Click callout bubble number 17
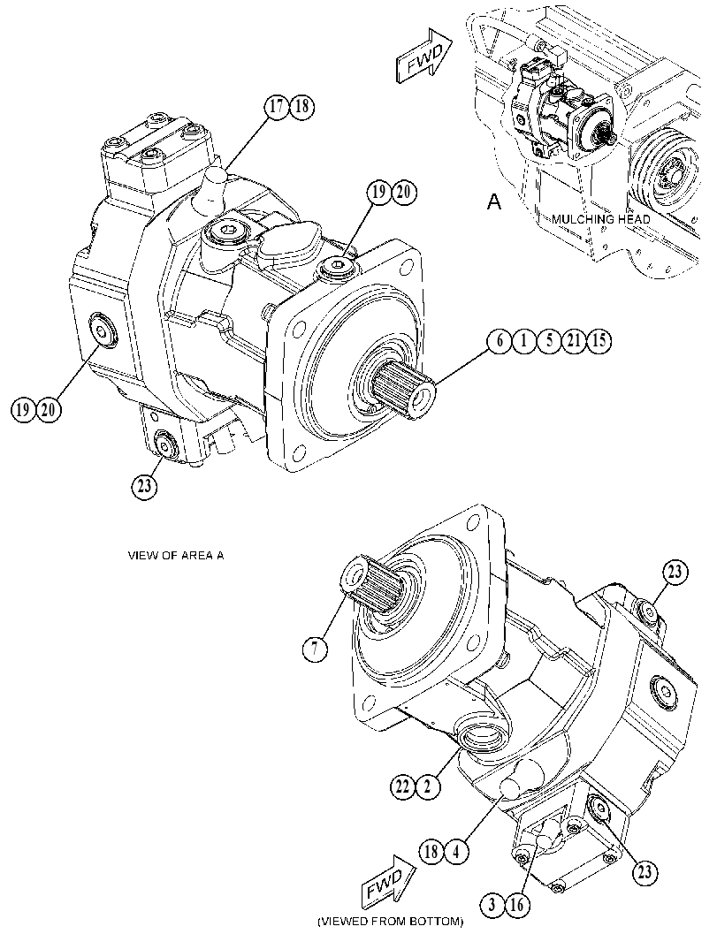[277, 107]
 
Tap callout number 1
[524, 341]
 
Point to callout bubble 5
[549, 341]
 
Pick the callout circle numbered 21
[574, 341]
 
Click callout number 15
[599, 341]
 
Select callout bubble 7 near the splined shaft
[315, 649]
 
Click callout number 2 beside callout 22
[428, 787]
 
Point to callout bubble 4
[455, 852]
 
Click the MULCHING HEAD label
[600, 219]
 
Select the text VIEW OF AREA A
[177, 555]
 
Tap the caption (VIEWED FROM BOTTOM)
[390, 922]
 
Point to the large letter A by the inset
[494, 202]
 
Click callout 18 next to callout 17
[301, 107]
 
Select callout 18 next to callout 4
[431, 852]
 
